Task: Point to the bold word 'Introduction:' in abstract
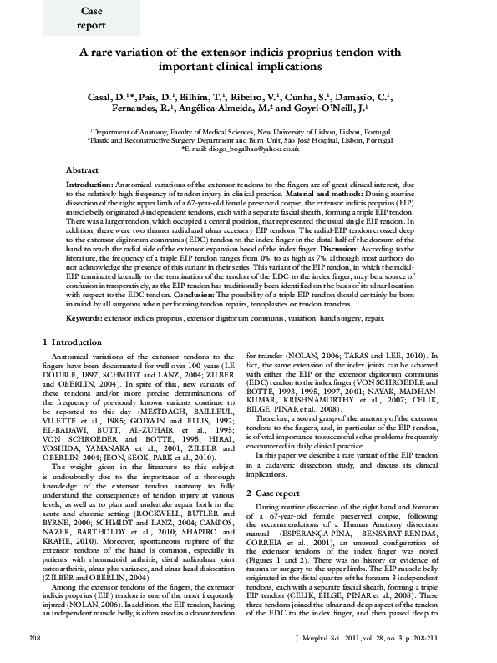(x=89, y=183)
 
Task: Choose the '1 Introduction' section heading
(x=71, y=342)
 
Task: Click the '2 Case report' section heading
(x=281, y=470)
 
